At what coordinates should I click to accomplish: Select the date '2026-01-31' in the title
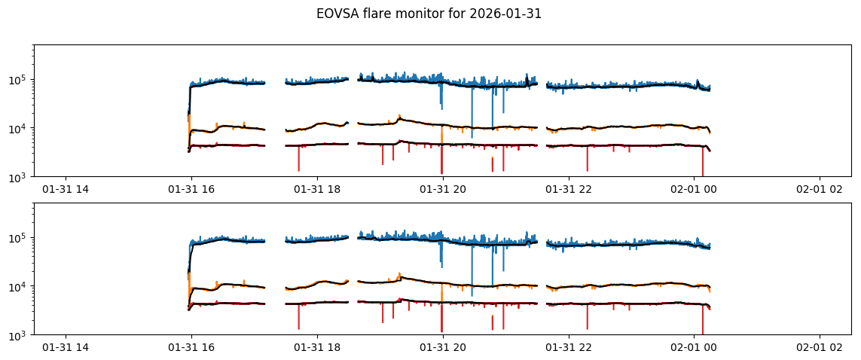click(x=508, y=14)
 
